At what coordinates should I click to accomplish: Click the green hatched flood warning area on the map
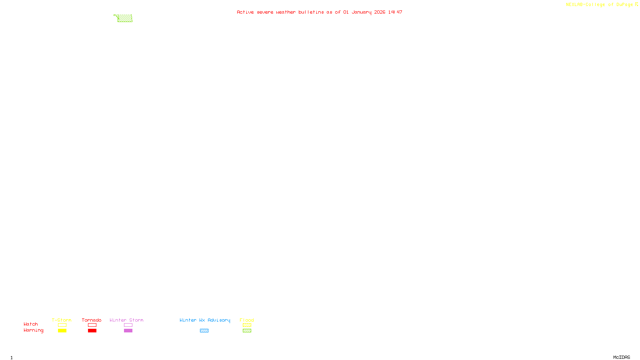tap(125, 18)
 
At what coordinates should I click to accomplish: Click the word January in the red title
tap(361, 12)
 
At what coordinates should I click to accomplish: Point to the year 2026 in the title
tap(380, 12)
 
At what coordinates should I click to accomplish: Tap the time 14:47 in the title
tap(395, 12)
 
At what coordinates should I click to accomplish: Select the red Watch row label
tap(31, 324)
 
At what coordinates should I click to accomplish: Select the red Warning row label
tap(33, 330)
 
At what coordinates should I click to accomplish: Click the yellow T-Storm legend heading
tap(62, 320)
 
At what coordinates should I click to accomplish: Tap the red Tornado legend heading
tap(92, 320)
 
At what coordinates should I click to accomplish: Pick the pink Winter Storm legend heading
tap(126, 320)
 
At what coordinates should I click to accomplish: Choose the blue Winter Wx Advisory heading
tap(205, 320)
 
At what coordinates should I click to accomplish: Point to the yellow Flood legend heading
tap(247, 320)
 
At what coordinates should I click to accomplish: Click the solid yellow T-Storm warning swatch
tap(62, 331)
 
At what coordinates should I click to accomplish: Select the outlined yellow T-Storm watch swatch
tap(62, 325)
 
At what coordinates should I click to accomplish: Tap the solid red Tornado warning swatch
tap(92, 331)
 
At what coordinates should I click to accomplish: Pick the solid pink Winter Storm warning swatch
tap(128, 331)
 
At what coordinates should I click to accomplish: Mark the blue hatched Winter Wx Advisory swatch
tap(204, 331)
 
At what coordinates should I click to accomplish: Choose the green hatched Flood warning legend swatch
tap(247, 331)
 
